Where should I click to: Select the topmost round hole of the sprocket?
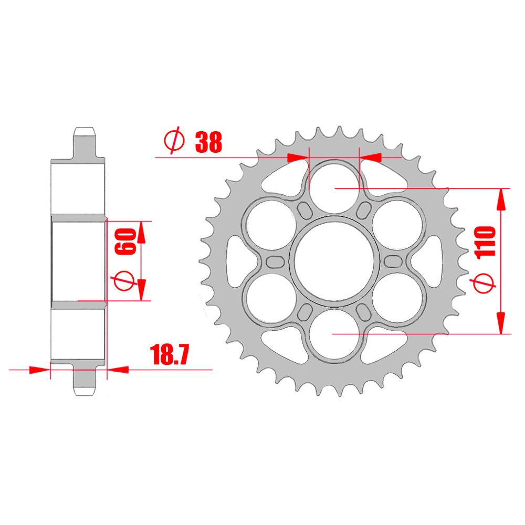coord(334,187)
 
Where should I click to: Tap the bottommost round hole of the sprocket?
coord(334,334)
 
